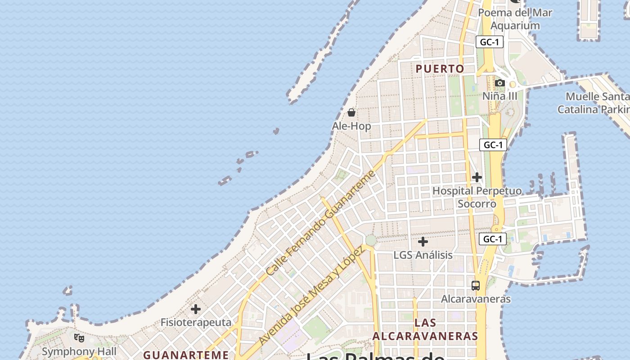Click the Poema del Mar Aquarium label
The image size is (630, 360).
click(x=515, y=19)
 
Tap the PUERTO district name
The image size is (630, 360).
click(x=440, y=69)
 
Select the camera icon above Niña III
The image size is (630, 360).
click(x=499, y=83)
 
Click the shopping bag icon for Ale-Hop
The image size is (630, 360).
click(x=351, y=112)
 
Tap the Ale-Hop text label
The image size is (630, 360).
click(x=351, y=126)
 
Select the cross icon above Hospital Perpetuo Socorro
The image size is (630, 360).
click(x=477, y=177)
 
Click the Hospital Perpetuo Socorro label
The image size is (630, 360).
click(x=477, y=197)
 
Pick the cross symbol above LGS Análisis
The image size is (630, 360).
click(x=423, y=242)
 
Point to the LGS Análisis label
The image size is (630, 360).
click(x=423, y=255)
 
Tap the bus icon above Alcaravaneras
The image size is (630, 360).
click(x=476, y=285)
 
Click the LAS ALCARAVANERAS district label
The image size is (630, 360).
click(x=425, y=329)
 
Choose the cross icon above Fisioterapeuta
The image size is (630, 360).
click(x=196, y=309)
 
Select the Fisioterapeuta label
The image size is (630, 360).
click(x=196, y=323)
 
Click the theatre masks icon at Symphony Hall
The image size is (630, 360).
click(x=79, y=337)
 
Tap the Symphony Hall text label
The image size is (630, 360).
click(x=79, y=351)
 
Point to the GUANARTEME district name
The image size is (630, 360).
click(x=186, y=355)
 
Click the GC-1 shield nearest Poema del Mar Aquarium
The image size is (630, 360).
click(x=489, y=42)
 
